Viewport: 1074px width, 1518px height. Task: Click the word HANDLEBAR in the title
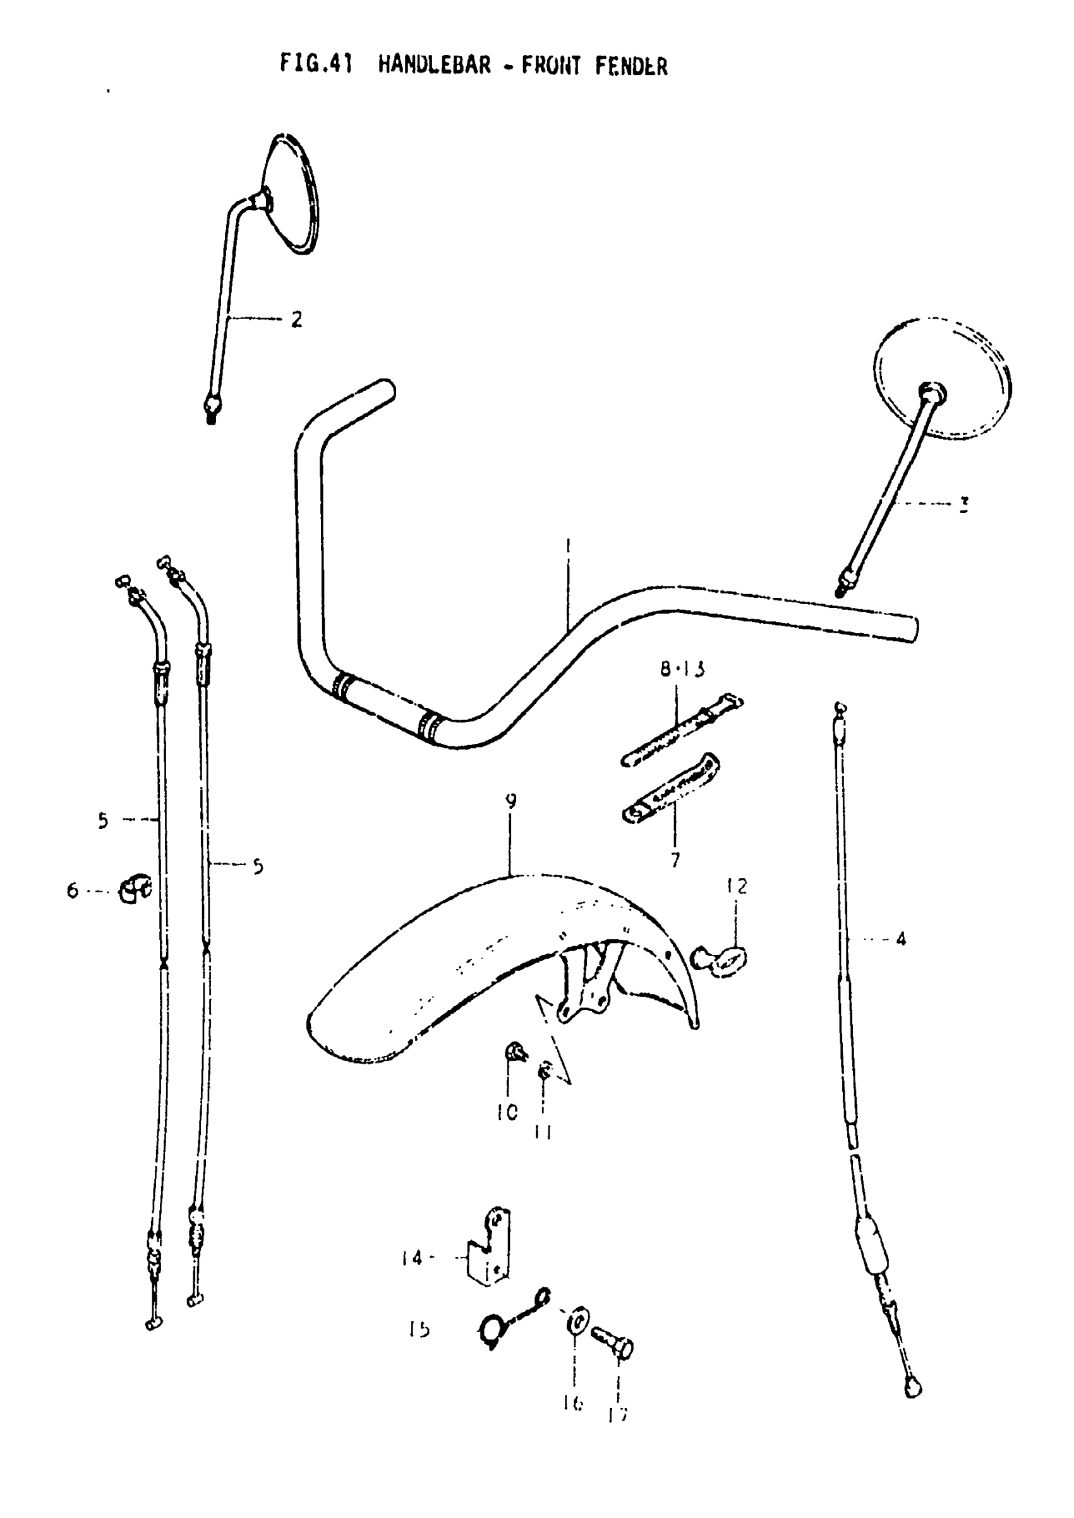435,66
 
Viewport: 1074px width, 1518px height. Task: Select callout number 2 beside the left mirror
296,320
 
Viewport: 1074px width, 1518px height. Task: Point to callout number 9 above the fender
510,801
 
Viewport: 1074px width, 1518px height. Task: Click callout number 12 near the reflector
737,885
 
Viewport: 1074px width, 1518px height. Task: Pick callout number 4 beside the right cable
901,938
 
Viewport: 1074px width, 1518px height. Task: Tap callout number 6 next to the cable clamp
72,891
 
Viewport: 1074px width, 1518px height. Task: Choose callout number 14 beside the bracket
411,1258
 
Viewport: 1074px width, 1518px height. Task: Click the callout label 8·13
682,669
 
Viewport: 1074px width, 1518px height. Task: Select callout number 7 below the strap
675,860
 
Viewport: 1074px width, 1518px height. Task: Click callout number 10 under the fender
507,1112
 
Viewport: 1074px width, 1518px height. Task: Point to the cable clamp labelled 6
135,889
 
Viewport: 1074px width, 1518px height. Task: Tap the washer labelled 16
577,1323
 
